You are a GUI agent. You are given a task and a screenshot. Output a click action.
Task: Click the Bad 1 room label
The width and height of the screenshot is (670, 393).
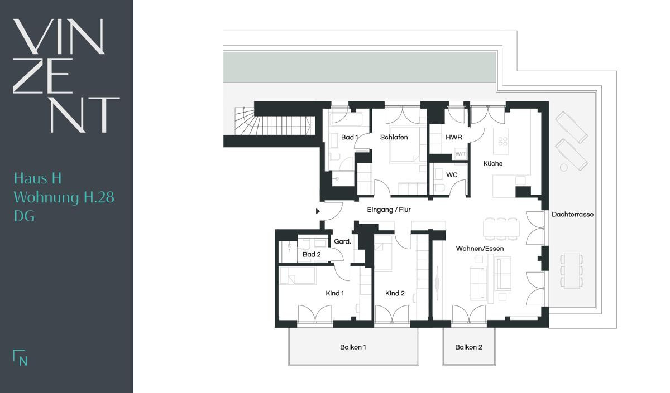click(x=350, y=137)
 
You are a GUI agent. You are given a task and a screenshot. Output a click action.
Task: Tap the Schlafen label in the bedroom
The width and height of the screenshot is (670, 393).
click(x=394, y=137)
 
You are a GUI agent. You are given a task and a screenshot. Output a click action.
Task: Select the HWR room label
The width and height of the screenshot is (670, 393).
click(x=454, y=137)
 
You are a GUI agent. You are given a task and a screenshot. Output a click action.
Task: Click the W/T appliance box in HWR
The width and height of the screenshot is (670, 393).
click(x=461, y=154)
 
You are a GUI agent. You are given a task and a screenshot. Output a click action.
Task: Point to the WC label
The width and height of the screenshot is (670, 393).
click(x=452, y=175)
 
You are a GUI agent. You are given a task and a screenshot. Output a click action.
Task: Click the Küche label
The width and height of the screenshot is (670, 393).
click(x=493, y=164)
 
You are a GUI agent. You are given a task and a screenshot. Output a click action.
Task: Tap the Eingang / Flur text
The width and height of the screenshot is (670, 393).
click(x=389, y=210)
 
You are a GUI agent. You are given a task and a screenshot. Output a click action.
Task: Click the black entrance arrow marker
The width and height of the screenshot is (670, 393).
click(x=318, y=211)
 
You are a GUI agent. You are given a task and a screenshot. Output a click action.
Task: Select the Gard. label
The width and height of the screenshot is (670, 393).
click(x=342, y=241)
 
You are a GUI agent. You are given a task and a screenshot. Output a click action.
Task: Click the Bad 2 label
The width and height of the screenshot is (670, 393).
click(x=312, y=254)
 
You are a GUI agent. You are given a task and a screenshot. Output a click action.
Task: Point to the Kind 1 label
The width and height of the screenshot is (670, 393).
click(x=334, y=293)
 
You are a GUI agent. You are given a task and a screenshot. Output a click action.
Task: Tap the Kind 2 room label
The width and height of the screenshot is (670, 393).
click(x=395, y=293)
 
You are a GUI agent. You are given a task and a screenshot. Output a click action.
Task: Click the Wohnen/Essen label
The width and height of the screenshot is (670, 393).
click(x=480, y=249)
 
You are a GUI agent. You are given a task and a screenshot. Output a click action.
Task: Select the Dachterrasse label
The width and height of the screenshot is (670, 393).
click(x=572, y=215)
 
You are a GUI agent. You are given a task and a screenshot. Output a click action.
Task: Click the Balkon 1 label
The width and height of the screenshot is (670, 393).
click(x=353, y=347)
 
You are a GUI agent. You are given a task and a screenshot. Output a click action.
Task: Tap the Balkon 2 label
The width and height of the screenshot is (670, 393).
click(x=468, y=347)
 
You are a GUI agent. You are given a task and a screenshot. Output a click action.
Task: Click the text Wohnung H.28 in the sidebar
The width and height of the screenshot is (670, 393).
click(x=64, y=197)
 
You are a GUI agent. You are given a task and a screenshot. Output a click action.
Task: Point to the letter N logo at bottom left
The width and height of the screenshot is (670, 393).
click(x=21, y=358)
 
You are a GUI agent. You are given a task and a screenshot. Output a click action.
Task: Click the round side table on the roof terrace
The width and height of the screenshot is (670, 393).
click(x=564, y=168)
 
